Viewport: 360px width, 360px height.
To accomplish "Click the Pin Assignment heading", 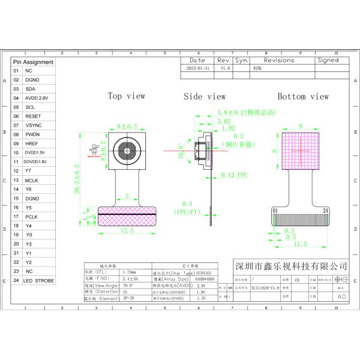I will pos(34,62).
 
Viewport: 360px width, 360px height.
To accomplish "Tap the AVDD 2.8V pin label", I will pos(37,97).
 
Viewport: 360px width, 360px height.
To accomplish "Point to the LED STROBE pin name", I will pos(40,281).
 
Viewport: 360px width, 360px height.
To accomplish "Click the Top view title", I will pos(126,96).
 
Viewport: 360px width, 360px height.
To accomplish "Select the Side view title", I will pos(205,96).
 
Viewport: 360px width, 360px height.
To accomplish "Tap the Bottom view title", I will pos(302,96).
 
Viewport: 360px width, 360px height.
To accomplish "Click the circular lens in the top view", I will pos(127,149).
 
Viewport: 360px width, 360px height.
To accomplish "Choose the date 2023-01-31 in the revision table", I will pos(197,69).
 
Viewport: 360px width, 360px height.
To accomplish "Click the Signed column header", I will pos(328,60).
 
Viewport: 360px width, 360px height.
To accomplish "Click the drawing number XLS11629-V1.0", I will pos(265,288).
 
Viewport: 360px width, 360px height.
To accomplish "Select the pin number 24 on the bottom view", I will pos(325,211).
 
